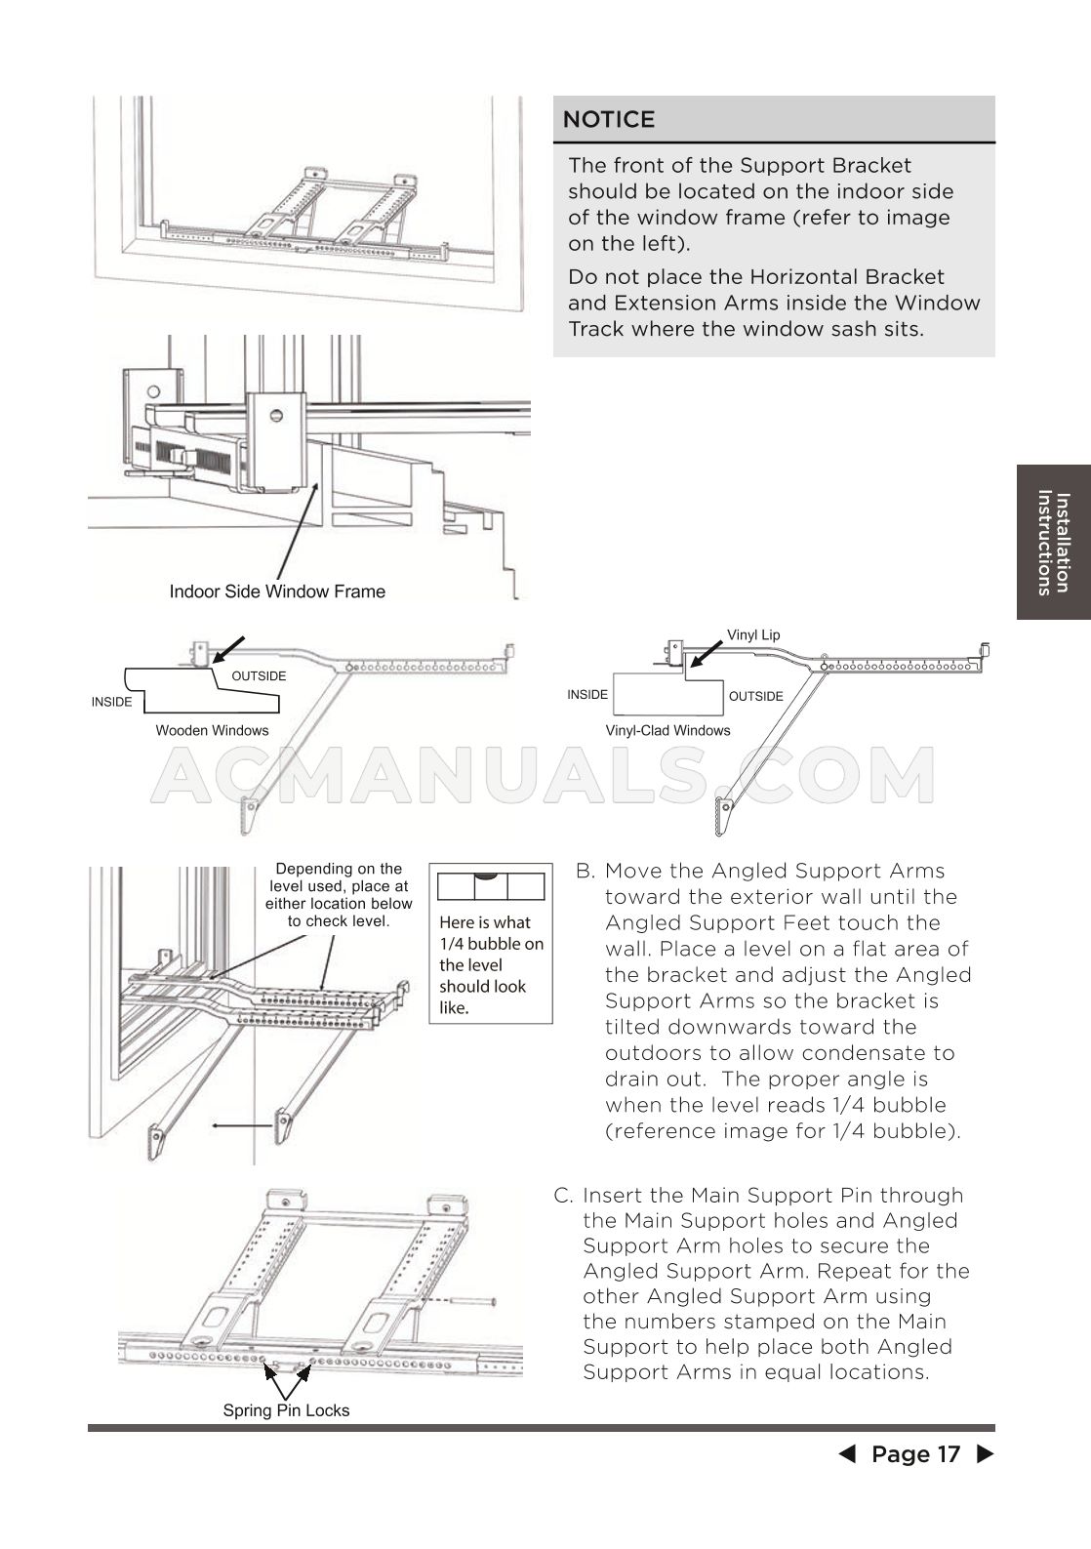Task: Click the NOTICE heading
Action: (609, 119)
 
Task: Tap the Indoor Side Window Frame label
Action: (277, 591)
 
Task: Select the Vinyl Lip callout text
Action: (753, 635)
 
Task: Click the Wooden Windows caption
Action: (212, 730)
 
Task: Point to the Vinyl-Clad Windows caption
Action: (667, 730)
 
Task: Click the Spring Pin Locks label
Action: (286, 1410)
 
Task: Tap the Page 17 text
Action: (915, 1454)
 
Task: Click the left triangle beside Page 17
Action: (847, 1454)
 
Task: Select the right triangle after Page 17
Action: (985, 1454)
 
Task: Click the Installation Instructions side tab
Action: (1053, 542)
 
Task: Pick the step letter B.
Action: (585, 872)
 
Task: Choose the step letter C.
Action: (563, 1196)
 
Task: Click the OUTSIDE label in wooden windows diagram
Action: (259, 676)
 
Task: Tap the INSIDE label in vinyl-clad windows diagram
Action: (587, 695)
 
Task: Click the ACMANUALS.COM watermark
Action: (543, 777)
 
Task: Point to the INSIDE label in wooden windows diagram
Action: (111, 702)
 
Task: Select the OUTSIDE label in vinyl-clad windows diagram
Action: (756, 696)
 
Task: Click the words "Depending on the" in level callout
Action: (339, 869)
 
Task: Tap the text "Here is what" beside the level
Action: (485, 922)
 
